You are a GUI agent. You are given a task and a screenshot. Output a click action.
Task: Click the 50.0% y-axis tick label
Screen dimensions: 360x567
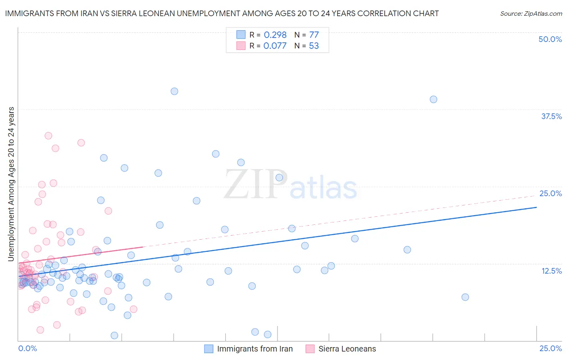(x=550, y=39)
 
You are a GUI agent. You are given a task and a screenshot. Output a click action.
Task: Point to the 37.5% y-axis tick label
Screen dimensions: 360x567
(x=551, y=116)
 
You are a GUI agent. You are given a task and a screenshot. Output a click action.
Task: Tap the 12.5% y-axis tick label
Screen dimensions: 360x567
(x=551, y=271)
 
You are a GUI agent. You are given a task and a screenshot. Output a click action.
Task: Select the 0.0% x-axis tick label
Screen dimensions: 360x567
(x=27, y=348)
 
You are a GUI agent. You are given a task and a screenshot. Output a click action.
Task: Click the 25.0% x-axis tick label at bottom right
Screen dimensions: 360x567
(x=550, y=348)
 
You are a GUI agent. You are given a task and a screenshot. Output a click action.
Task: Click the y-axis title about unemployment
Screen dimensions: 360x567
(x=11, y=184)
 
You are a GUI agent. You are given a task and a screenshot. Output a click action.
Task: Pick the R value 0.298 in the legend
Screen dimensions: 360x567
(x=275, y=35)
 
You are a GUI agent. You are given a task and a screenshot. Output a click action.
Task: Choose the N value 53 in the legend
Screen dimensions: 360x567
(x=314, y=46)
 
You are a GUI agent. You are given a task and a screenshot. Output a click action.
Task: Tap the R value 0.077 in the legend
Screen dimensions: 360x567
(x=275, y=46)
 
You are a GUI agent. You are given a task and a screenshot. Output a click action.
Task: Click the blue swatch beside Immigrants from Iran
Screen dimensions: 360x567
(x=208, y=349)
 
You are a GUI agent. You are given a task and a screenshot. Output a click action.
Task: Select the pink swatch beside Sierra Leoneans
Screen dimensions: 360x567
(x=310, y=349)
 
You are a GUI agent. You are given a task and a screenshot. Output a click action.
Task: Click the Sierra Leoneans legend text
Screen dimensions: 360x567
(x=347, y=349)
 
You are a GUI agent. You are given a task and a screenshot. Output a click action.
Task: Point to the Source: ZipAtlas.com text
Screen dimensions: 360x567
(x=531, y=13)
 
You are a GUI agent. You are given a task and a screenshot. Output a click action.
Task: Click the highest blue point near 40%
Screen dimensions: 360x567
(x=174, y=91)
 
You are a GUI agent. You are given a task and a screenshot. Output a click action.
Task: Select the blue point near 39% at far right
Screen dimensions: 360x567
(x=434, y=99)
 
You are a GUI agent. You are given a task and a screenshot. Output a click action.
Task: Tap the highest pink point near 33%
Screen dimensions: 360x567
(x=48, y=136)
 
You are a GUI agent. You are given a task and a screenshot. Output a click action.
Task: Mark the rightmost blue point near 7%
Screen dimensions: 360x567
(x=465, y=297)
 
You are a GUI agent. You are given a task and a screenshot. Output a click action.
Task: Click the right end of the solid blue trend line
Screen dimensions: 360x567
(x=536, y=207)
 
